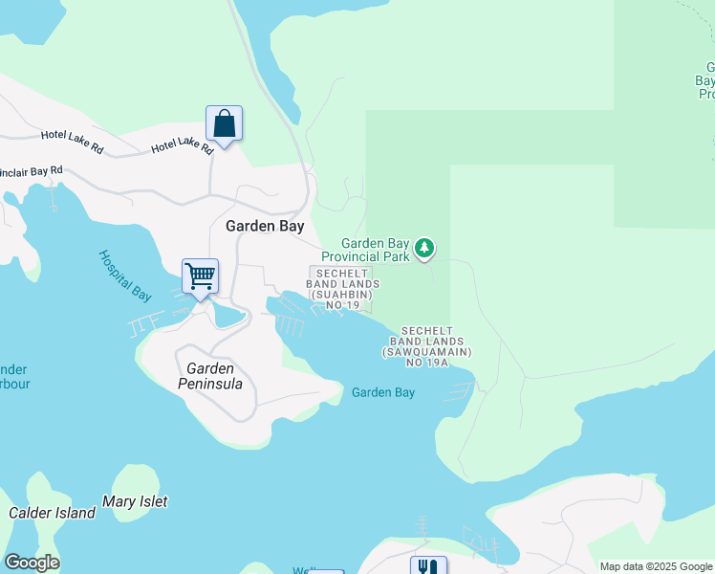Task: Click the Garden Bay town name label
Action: pos(265,227)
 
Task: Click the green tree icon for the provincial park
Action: pos(424,250)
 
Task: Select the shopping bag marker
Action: pos(224,124)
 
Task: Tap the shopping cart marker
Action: pos(200,277)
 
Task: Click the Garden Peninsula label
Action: pos(210,376)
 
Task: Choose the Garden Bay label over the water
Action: pos(382,392)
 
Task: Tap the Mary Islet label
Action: pos(135,501)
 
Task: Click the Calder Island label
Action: pos(52,513)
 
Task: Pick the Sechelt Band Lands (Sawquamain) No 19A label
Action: pos(427,346)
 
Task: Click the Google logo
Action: pos(32,563)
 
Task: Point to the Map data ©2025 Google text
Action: pos(656,566)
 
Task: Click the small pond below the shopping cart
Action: pos(228,315)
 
